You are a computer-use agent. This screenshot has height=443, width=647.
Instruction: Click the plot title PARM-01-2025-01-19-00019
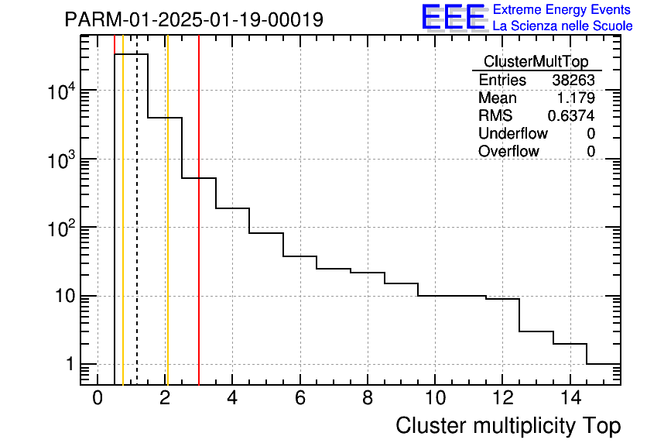[193, 19]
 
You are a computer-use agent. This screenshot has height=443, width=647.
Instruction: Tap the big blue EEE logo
[453, 17]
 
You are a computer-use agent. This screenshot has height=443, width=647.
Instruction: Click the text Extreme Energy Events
[562, 10]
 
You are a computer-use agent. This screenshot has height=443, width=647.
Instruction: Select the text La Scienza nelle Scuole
[563, 26]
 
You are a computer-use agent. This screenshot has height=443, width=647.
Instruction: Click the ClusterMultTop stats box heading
[536, 62]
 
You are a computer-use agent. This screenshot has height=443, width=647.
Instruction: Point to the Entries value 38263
[573, 81]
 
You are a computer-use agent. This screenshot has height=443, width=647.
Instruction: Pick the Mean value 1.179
[576, 98]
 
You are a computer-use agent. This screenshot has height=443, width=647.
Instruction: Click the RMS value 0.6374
[571, 116]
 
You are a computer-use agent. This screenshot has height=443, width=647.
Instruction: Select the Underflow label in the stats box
[513, 134]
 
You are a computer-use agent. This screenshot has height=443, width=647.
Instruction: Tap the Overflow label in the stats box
[508, 152]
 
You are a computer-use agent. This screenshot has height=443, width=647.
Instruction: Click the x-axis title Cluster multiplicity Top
[508, 426]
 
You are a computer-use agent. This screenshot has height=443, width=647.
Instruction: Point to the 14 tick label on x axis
[569, 398]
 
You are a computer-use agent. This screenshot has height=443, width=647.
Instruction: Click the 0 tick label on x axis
[98, 398]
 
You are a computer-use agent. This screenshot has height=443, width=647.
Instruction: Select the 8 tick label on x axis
[367, 398]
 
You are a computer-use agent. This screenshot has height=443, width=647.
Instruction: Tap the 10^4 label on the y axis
[60, 92]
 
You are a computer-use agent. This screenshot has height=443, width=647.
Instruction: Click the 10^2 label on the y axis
[60, 228]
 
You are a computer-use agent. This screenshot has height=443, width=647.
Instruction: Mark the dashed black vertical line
[137, 232]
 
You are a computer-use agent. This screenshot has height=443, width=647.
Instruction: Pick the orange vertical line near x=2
[167, 232]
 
